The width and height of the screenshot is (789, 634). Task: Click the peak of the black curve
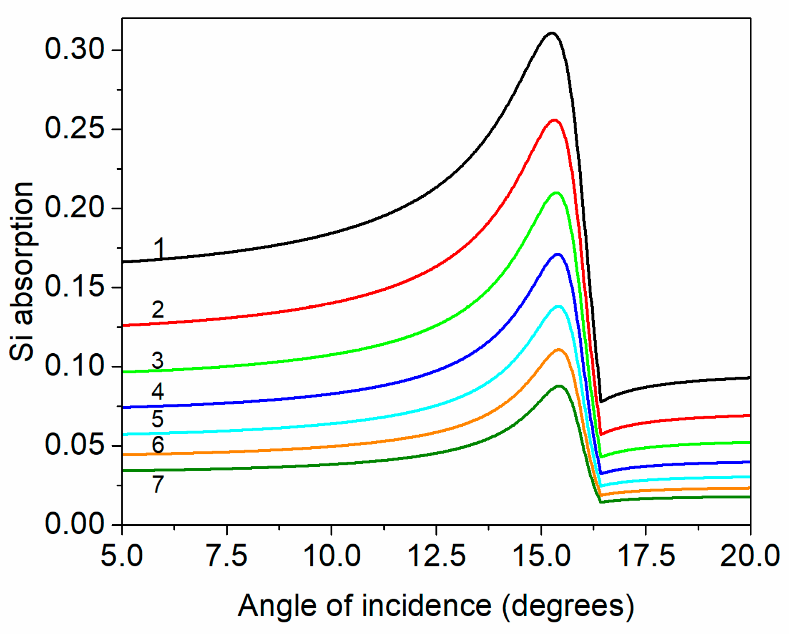point(552,33)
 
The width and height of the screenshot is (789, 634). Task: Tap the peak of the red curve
point(554,120)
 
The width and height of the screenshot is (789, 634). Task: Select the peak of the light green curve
point(556,193)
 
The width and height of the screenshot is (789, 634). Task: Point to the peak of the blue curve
point(557,254)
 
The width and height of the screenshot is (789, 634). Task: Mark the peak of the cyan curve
point(558,306)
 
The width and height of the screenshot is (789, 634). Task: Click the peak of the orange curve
point(559,350)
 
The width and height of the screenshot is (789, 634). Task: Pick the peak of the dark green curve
point(559,386)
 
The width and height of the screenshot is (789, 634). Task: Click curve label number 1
point(159,248)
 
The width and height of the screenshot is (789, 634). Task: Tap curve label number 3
point(157,360)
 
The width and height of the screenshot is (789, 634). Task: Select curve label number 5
point(157,419)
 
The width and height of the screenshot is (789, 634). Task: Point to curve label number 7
point(158,484)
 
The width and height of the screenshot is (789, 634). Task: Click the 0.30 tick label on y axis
point(74,49)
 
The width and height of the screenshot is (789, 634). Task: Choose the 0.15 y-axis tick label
point(74,287)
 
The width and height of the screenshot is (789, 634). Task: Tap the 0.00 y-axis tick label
point(74,524)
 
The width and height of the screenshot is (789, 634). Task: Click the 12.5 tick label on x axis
point(436,556)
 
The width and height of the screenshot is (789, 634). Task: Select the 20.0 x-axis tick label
point(749,556)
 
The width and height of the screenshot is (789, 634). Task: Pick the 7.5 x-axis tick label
point(227,556)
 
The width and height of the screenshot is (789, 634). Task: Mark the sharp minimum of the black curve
point(601,401)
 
